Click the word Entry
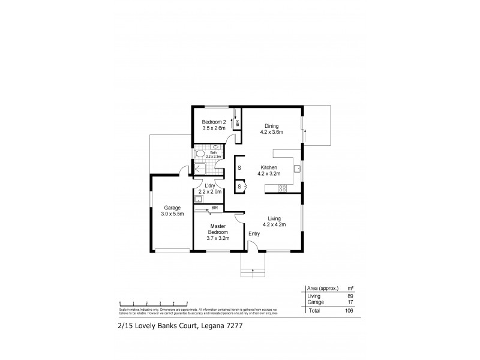point(254,234)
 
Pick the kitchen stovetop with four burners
point(281,189)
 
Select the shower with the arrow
point(200,169)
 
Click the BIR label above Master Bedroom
point(214,208)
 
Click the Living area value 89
point(349,296)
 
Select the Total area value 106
point(347,311)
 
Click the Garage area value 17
point(349,302)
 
